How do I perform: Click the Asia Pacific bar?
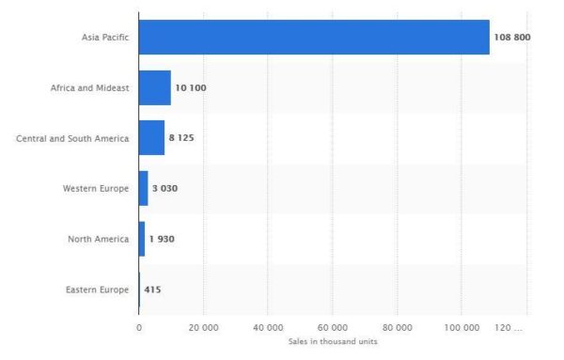(314, 38)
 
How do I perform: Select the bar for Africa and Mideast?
(154, 87)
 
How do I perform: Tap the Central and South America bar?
(151, 138)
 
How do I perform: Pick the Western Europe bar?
(143, 188)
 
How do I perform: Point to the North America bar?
(142, 239)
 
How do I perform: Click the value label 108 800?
(512, 38)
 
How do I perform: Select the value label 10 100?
(191, 87)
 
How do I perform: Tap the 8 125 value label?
(181, 138)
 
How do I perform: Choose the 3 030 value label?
(164, 188)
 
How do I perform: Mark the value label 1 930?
(162, 239)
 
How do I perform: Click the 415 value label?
(152, 290)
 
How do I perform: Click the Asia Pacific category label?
(105, 38)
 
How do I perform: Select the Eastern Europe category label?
(98, 290)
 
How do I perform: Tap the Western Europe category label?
(96, 188)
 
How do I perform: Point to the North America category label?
(99, 239)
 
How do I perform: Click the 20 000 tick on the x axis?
(203, 327)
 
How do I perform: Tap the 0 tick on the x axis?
(139, 327)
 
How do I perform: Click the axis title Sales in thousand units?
(332, 341)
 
